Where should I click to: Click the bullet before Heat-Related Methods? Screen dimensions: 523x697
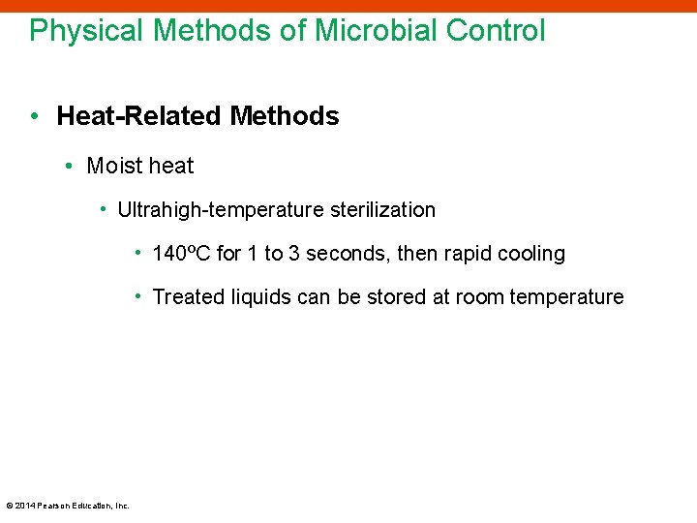(x=34, y=117)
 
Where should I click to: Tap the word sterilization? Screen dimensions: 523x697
(x=383, y=210)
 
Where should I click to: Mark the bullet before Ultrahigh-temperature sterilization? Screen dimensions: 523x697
(x=104, y=210)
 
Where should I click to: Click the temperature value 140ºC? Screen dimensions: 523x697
(x=182, y=255)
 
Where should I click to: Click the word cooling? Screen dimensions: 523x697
(x=531, y=255)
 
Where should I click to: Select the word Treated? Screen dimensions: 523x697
(x=186, y=297)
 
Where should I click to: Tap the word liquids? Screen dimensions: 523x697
(x=258, y=297)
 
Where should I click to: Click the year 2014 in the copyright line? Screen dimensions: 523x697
(x=24, y=506)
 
